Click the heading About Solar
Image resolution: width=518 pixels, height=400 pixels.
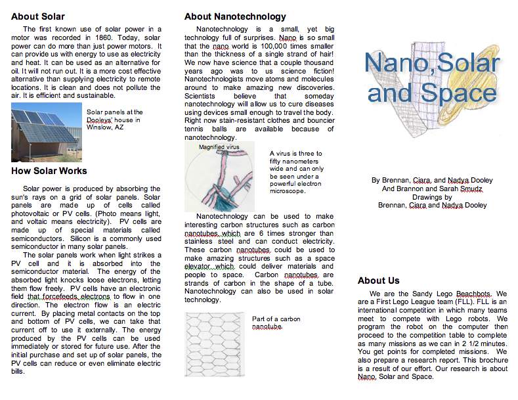point(37,16)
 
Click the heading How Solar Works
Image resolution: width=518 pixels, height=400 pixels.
point(49,171)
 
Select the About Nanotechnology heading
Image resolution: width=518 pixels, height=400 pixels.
point(235,16)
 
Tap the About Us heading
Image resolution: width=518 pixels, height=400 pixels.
point(378,280)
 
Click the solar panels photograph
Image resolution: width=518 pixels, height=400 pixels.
point(45,134)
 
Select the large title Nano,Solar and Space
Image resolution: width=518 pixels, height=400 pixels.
point(431,78)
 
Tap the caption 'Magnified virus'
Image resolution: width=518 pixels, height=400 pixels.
point(219,147)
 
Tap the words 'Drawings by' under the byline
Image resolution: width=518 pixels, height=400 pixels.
point(431,196)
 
